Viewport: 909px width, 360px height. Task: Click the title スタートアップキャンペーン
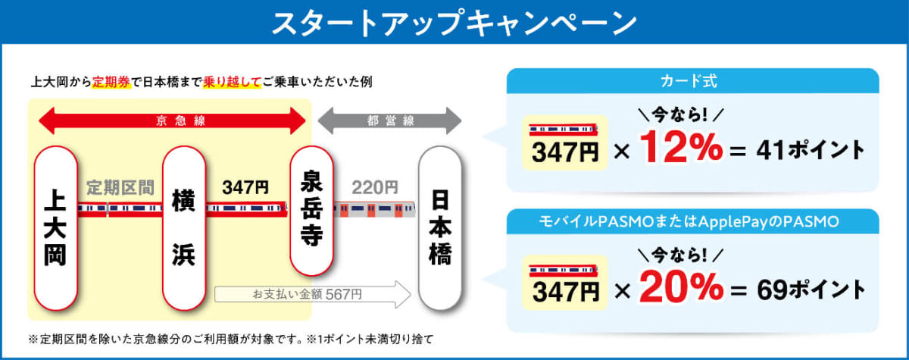[x=454, y=23]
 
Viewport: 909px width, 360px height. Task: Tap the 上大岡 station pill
[x=55, y=228]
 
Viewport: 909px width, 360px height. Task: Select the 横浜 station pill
[x=184, y=228]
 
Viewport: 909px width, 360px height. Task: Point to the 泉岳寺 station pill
[x=311, y=211]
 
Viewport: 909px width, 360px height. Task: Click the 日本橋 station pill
[x=440, y=228]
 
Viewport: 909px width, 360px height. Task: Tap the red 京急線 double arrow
[x=172, y=121]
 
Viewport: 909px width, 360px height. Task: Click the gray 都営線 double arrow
[x=389, y=121]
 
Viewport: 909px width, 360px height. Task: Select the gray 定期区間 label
[x=120, y=187]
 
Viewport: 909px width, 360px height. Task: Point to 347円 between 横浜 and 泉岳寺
[x=245, y=187]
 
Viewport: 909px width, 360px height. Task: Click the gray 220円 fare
[x=375, y=187]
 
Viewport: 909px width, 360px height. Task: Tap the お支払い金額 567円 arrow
[x=312, y=294]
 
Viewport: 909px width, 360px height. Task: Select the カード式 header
[x=689, y=81]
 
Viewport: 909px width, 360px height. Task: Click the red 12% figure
[x=681, y=147]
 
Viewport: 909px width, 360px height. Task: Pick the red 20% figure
[x=681, y=287]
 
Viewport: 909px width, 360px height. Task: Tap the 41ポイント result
[x=811, y=150]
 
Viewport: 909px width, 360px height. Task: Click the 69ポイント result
[x=811, y=290]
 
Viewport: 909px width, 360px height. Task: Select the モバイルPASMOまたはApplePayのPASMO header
[x=689, y=221]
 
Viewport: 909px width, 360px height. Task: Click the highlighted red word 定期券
[x=111, y=82]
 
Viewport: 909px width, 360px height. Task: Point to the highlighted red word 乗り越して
[x=232, y=82]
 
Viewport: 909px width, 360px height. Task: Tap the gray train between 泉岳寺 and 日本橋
[x=374, y=209]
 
